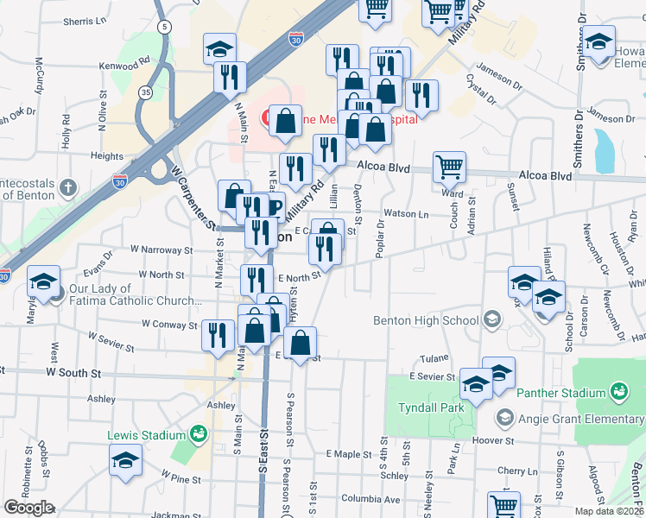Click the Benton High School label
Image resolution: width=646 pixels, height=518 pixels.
pyautogui.click(x=426, y=321)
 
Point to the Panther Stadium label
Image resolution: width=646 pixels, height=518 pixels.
pyautogui.click(x=560, y=394)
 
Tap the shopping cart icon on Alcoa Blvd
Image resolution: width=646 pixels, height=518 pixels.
pyautogui.click(x=449, y=167)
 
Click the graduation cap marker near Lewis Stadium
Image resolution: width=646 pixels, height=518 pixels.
pyautogui.click(x=125, y=461)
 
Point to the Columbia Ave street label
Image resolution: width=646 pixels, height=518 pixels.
pyautogui.click(x=370, y=499)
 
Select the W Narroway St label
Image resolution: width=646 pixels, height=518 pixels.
pyautogui.click(x=161, y=250)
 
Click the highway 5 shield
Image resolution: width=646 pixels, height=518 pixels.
pyautogui.click(x=163, y=27)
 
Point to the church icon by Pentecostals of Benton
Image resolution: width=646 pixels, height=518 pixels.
pyautogui.click(x=71, y=187)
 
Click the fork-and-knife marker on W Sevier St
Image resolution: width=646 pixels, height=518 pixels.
pyautogui.click(x=218, y=335)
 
